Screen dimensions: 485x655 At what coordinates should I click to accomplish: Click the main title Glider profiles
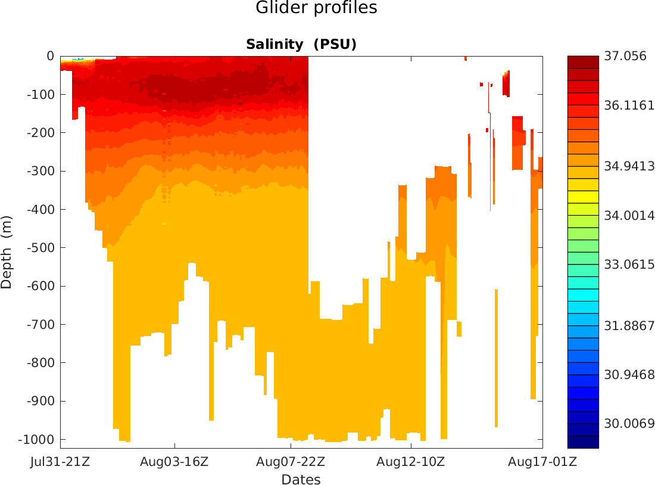316,8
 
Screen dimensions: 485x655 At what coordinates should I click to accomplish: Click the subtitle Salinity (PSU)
301,45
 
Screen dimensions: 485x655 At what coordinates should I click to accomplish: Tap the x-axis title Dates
301,480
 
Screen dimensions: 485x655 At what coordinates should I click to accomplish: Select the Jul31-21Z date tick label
60,462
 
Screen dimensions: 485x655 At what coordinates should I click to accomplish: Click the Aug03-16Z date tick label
174,462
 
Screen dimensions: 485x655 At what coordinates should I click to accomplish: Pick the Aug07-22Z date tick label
291,462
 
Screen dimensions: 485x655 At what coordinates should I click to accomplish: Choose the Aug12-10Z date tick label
411,462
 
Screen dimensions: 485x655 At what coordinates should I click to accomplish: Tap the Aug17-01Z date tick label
542,462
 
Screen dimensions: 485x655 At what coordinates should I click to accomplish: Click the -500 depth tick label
40,248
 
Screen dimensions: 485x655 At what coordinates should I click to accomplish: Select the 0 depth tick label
50,57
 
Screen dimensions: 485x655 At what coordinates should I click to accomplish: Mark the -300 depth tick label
40,172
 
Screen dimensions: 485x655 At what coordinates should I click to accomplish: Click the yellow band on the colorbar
583,197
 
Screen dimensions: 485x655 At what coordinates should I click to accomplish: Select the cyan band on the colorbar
583,294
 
